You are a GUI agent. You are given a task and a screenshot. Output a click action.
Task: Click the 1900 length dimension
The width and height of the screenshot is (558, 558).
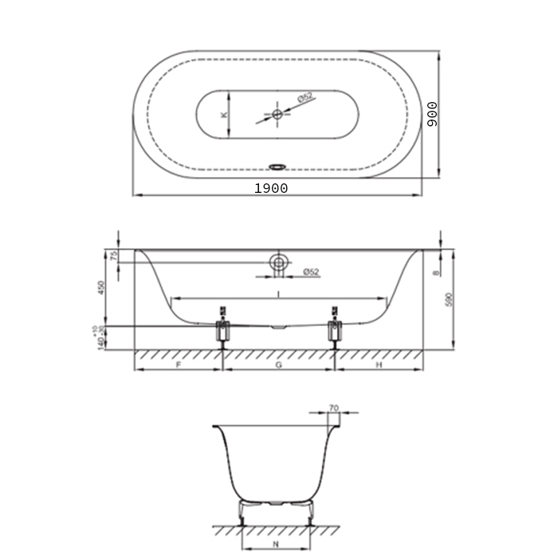(x=271, y=188)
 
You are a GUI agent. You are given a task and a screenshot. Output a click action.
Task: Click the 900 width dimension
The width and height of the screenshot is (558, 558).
(x=432, y=115)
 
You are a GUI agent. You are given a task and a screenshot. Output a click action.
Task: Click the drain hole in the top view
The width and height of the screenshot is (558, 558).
(x=277, y=115)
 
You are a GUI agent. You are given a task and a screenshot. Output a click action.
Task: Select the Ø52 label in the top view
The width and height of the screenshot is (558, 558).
(x=305, y=98)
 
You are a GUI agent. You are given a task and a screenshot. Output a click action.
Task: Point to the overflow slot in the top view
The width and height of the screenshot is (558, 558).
(x=277, y=167)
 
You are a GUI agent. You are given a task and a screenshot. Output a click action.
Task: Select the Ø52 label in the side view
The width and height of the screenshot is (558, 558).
(x=311, y=273)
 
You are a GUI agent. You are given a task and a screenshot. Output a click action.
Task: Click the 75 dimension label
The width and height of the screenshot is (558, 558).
(x=113, y=257)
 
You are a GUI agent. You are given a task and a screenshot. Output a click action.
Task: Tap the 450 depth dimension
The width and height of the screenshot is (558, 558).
(x=100, y=287)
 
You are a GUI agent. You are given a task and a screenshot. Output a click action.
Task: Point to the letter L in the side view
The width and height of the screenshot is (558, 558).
(x=278, y=293)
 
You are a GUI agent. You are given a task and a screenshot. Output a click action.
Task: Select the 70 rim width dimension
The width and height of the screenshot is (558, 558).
(x=333, y=408)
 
